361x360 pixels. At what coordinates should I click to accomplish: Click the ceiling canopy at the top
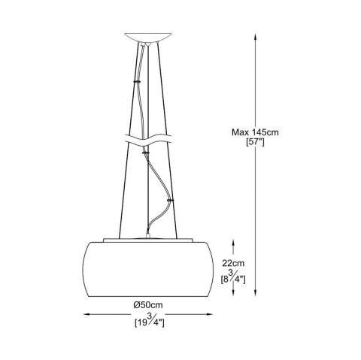click(x=148, y=38)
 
